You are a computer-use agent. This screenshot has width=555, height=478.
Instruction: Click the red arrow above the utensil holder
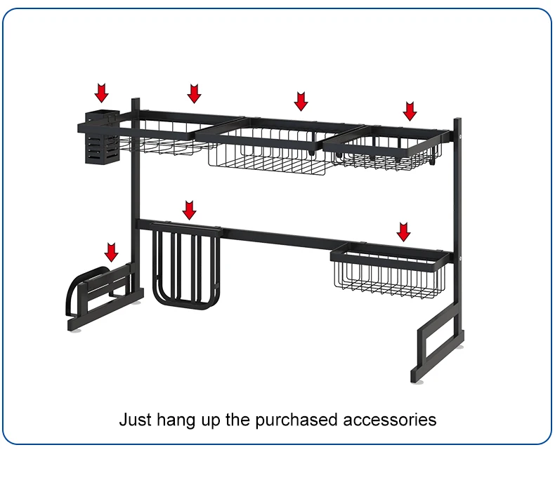click(x=103, y=92)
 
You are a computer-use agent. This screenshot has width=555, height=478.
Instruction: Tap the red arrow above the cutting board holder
click(x=111, y=251)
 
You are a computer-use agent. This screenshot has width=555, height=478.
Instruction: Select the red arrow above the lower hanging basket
click(x=403, y=232)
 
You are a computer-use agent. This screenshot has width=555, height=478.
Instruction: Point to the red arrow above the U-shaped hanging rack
click(x=190, y=209)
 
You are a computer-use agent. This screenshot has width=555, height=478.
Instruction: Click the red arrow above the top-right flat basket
click(x=410, y=110)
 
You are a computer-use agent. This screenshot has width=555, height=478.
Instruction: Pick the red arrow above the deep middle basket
click(x=301, y=101)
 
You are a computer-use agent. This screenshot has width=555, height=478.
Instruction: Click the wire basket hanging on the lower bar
click(x=388, y=270)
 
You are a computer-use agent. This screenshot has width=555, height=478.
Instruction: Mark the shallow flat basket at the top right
click(x=383, y=150)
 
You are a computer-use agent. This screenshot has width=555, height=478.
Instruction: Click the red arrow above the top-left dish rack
click(x=194, y=93)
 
